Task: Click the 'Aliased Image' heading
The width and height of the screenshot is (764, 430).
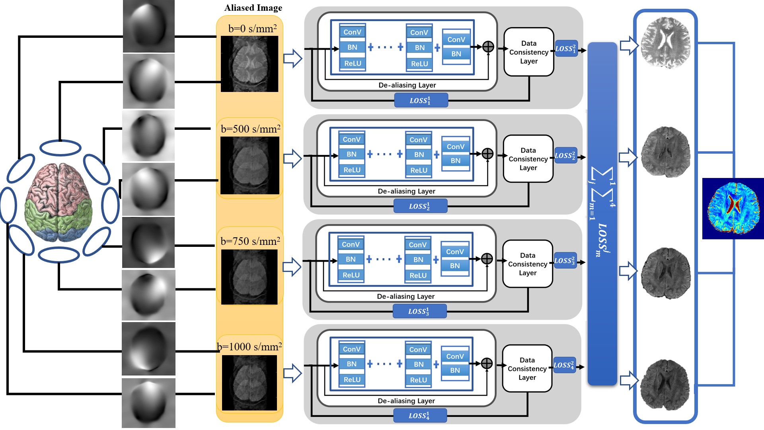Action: (x=253, y=8)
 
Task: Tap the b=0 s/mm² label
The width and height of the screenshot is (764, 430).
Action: (x=252, y=29)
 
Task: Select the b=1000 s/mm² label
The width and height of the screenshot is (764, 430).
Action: (x=249, y=347)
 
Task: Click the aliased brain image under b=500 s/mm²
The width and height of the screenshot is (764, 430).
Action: (x=249, y=165)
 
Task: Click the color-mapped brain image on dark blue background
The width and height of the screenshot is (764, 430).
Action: (x=733, y=208)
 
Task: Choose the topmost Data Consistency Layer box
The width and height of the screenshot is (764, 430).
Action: (x=528, y=52)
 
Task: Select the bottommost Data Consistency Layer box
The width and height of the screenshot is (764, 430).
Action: (x=527, y=369)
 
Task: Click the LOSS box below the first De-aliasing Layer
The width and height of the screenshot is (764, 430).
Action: (x=421, y=100)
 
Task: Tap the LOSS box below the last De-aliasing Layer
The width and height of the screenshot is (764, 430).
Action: (x=420, y=416)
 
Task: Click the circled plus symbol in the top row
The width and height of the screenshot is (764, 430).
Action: (x=488, y=47)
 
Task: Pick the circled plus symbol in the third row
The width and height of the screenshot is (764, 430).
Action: (x=487, y=259)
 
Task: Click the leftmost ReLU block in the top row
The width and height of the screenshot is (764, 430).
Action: (x=353, y=63)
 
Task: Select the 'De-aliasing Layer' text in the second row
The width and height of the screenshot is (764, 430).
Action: (x=406, y=191)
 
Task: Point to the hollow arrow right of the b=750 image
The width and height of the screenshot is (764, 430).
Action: (x=292, y=267)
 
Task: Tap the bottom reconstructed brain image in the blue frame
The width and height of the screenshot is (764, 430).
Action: (x=665, y=384)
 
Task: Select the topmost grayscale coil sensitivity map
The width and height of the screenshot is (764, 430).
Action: (x=149, y=26)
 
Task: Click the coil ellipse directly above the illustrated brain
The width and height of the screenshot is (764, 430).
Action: (x=60, y=148)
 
